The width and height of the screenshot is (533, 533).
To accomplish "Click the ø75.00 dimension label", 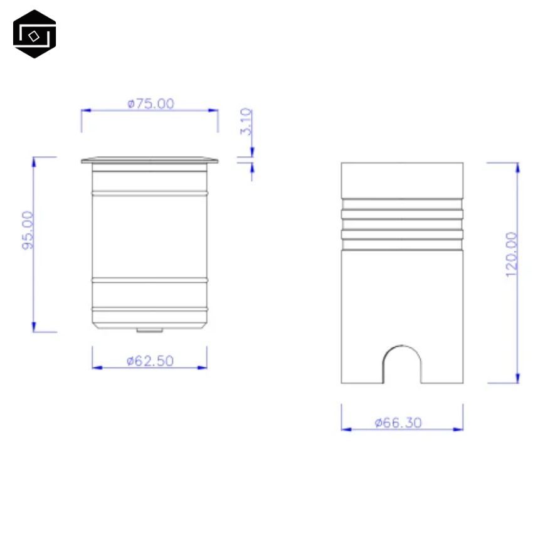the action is [x=150, y=103].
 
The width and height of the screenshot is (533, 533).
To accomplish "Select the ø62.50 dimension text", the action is [x=150, y=361].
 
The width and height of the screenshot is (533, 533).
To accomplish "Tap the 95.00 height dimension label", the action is [x=28, y=231].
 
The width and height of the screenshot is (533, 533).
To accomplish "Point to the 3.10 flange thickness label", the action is [x=246, y=122].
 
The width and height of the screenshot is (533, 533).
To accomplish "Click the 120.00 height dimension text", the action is [x=511, y=255].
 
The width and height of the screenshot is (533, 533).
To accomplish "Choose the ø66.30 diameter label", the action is [x=398, y=423].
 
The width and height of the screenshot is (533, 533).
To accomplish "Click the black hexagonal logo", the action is [x=34, y=34].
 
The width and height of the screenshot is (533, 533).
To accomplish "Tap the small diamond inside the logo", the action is [x=34, y=36].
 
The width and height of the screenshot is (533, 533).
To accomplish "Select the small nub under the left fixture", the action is [x=150, y=330].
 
